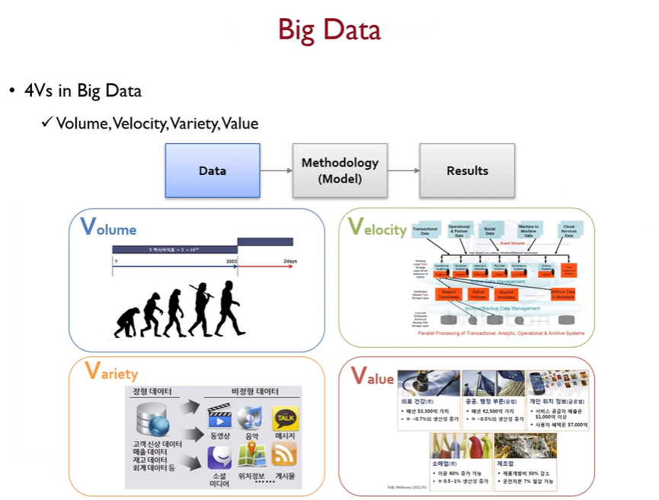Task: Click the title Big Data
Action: (329, 30)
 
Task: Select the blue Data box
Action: (213, 170)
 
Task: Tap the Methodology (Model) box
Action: (340, 170)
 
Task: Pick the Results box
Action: (467, 170)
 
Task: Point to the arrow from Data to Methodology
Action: (276, 170)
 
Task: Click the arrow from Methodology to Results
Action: (403, 170)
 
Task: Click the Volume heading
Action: (108, 227)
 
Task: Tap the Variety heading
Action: (111, 371)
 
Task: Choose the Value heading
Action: (372, 376)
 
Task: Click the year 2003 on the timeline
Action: (230, 261)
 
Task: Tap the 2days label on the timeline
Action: (290, 261)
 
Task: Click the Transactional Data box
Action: (424, 230)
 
